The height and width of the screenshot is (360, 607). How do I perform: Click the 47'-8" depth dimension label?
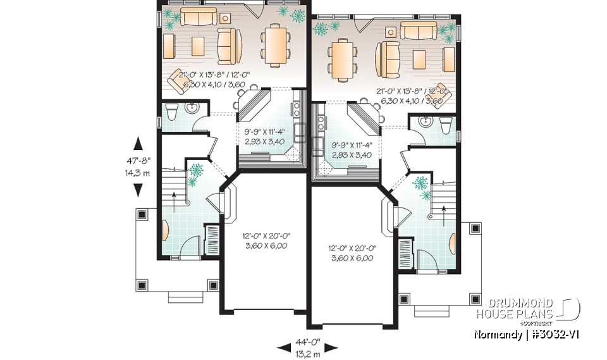tap(137, 161)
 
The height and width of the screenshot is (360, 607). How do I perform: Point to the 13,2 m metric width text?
tap(308, 352)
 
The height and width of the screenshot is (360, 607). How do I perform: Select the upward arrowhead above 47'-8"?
tap(137, 144)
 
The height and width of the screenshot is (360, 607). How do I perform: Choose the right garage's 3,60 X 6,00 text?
tap(350, 258)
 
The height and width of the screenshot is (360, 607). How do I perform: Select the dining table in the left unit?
tap(276, 44)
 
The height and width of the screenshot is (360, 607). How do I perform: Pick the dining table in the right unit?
tap(342, 60)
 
